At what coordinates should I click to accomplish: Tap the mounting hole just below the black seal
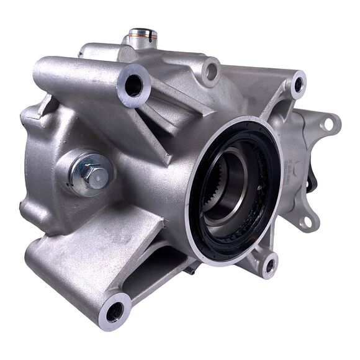point(269,265)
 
